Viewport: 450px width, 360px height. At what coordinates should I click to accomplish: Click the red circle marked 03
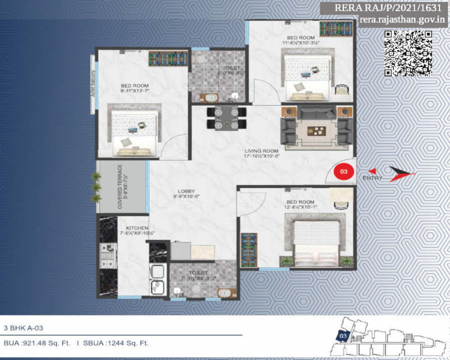(343, 171)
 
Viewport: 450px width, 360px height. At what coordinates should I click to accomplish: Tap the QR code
(408, 53)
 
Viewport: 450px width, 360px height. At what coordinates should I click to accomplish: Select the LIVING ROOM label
(261, 150)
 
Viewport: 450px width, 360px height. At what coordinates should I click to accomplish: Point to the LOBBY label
(186, 190)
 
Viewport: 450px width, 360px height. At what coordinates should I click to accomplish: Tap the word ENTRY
(372, 178)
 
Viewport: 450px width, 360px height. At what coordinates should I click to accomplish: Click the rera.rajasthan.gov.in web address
(403, 19)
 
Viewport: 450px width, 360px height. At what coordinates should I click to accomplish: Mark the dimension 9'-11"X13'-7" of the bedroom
(134, 91)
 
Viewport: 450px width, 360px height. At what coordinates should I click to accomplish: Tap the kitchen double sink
(158, 280)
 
